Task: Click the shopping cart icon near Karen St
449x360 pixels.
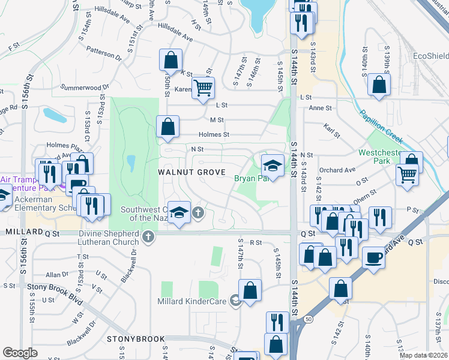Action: point(203,88)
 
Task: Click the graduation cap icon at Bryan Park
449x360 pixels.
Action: point(273,165)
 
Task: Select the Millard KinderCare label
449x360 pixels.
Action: point(194,301)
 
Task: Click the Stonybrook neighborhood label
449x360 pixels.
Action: point(136,339)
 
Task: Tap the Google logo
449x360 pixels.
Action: point(20,353)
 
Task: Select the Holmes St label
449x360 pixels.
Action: point(215,134)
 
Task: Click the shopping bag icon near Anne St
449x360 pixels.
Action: point(379,85)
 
